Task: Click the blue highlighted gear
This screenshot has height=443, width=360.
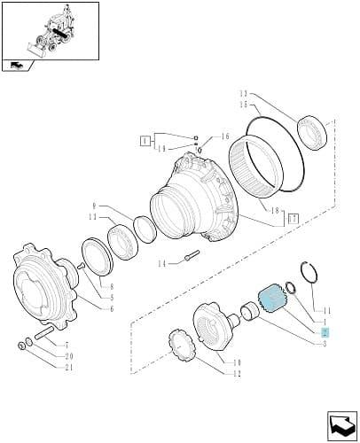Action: (x=270, y=299)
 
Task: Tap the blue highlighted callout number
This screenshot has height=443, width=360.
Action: (x=325, y=332)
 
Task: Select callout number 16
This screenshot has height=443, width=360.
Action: (x=225, y=136)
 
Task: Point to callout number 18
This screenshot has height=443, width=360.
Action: (x=275, y=211)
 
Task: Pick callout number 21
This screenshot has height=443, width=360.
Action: (x=69, y=368)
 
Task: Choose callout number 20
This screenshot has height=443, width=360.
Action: (x=69, y=356)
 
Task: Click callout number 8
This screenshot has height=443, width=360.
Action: (x=112, y=286)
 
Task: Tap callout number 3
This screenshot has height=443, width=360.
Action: (x=325, y=344)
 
